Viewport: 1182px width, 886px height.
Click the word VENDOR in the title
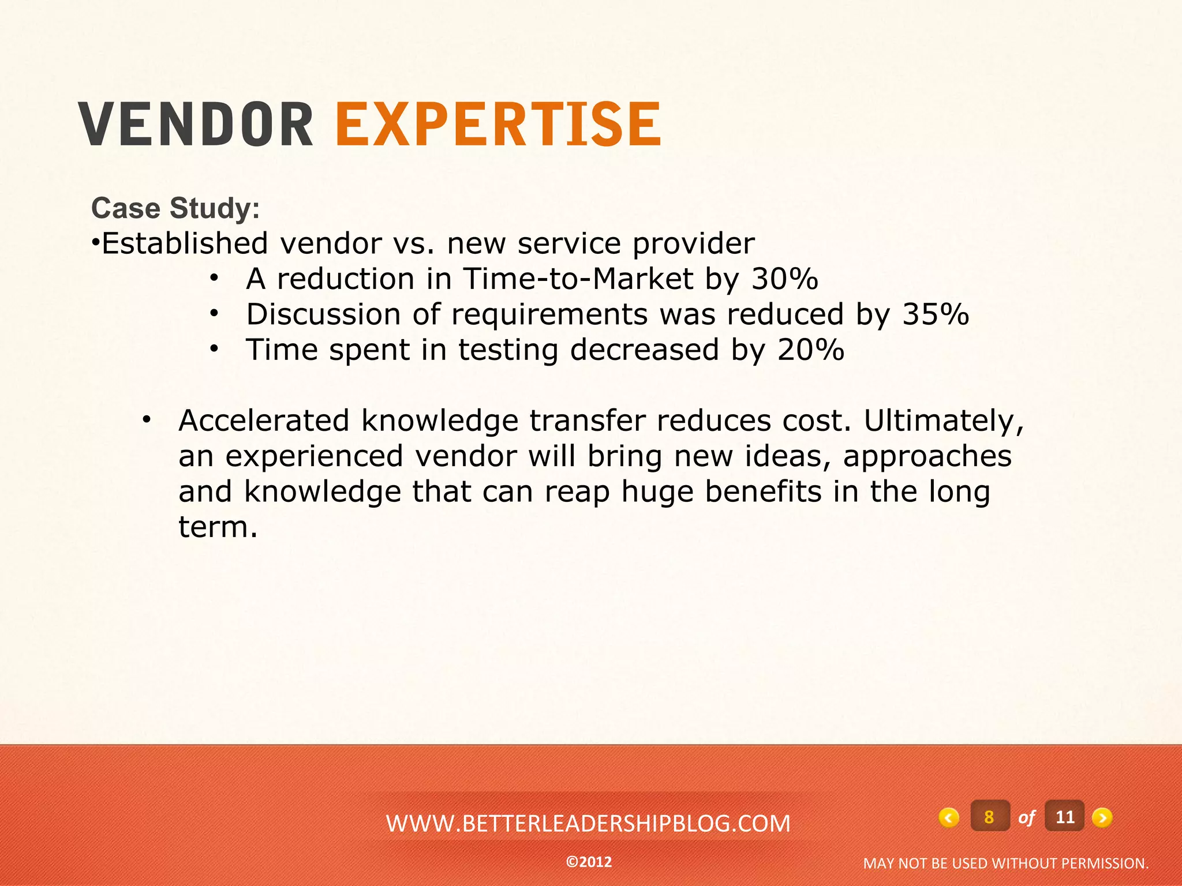pyautogui.click(x=196, y=124)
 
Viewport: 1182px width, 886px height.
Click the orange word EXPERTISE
pyautogui.click(x=498, y=124)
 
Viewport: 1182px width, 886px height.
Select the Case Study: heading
pyautogui.click(x=175, y=208)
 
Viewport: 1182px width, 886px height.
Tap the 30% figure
pyautogui.click(x=784, y=279)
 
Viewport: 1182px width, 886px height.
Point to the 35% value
pyautogui.click(x=935, y=315)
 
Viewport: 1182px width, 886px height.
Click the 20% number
pyautogui.click(x=810, y=350)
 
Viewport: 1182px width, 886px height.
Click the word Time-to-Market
pyautogui.click(x=578, y=279)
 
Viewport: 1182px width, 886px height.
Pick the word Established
pyautogui.click(x=185, y=243)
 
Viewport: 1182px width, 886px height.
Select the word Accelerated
pyautogui.click(x=264, y=421)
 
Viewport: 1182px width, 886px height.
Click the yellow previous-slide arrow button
pyautogui.click(x=949, y=817)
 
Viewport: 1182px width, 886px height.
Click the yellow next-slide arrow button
pyautogui.click(x=1102, y=817)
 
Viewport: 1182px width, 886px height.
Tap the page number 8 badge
pyautogui.click(x=989, y=817)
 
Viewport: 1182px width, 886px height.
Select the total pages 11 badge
pyautogui.click(x=1064, y=817)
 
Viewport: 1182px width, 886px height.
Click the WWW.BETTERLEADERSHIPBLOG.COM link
pyautogui.click(x=588, y=824)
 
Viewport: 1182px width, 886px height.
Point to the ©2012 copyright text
pyautogui.click(x=589, y=862)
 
